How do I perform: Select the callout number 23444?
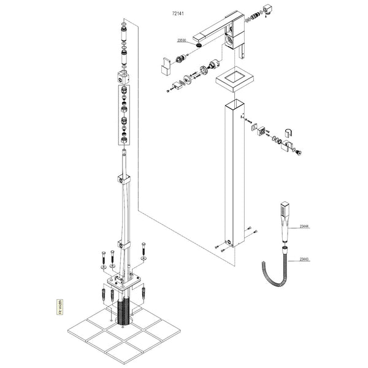point(304,227)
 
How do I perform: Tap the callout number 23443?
point(304,260)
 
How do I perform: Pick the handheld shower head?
point(284,221)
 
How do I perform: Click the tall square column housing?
point(234,172)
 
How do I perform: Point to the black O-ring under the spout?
point(200,43)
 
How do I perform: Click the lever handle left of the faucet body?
point(166,64)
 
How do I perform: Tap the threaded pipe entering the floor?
point(125,310)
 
